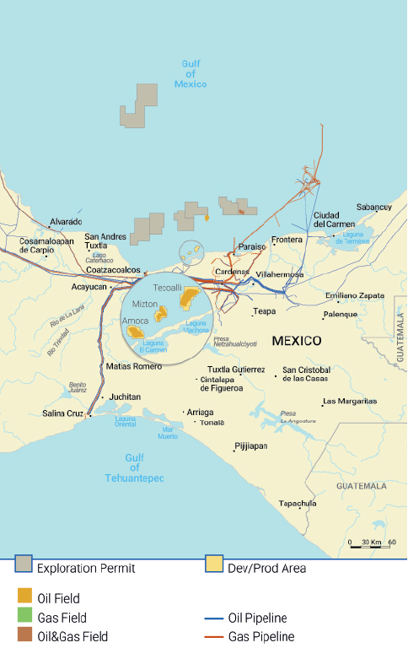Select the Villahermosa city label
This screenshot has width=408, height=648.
click(278, 275)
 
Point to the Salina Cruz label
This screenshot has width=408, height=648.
click(63, 413)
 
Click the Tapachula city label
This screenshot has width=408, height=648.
click(298, 504)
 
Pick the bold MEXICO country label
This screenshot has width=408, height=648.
click(296, 341)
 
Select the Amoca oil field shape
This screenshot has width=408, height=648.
click(136, 332)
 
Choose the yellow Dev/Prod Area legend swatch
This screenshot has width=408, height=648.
click(215, 568)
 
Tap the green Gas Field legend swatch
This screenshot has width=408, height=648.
click(24, 618)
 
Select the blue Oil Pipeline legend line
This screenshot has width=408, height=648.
click(215, 618)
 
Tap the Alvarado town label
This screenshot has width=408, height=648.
click(65, 222)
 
